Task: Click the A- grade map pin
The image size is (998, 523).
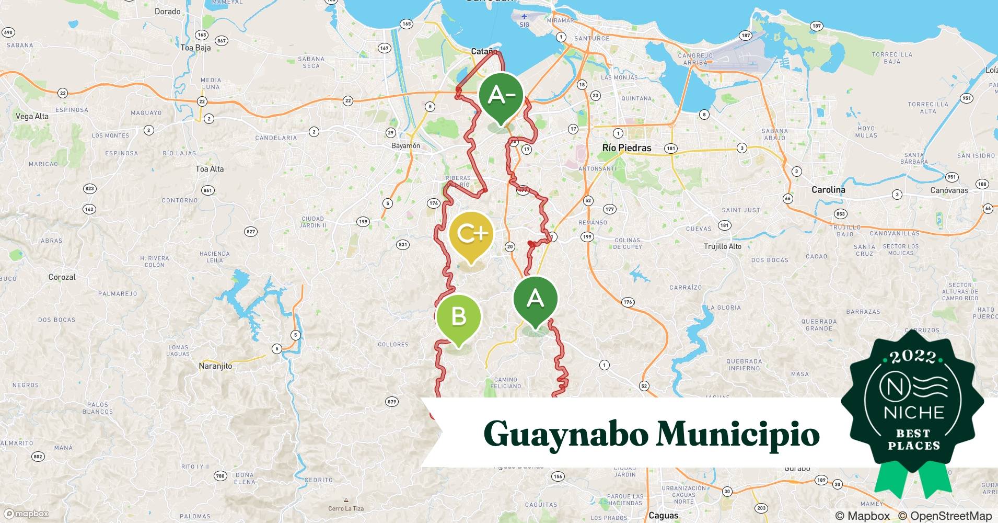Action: coord(501,96)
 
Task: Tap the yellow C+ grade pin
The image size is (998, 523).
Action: coord(471,234)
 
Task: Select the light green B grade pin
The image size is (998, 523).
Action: coord(458,317)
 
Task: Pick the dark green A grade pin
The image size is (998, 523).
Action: coord(535,299)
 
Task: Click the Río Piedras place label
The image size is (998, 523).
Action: coord(626,148)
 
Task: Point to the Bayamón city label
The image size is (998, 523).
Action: coord(405,146)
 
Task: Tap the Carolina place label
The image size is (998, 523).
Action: coord(828,190)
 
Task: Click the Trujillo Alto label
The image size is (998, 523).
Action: coord(722,246)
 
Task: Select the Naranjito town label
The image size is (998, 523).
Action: coord(215,366)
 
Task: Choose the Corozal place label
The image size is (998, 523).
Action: coord(62,277)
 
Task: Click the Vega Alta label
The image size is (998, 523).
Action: coord(32,116)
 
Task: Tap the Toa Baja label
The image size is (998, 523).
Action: coord(195,48)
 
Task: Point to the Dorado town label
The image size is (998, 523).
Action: coord(167,12)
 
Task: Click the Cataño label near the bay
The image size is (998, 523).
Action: coord(484,51)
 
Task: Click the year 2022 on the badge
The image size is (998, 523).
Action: coord(913,357)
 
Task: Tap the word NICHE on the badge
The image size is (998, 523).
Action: coord(913,413)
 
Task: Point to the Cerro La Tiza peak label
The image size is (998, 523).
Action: coord(345,508)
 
